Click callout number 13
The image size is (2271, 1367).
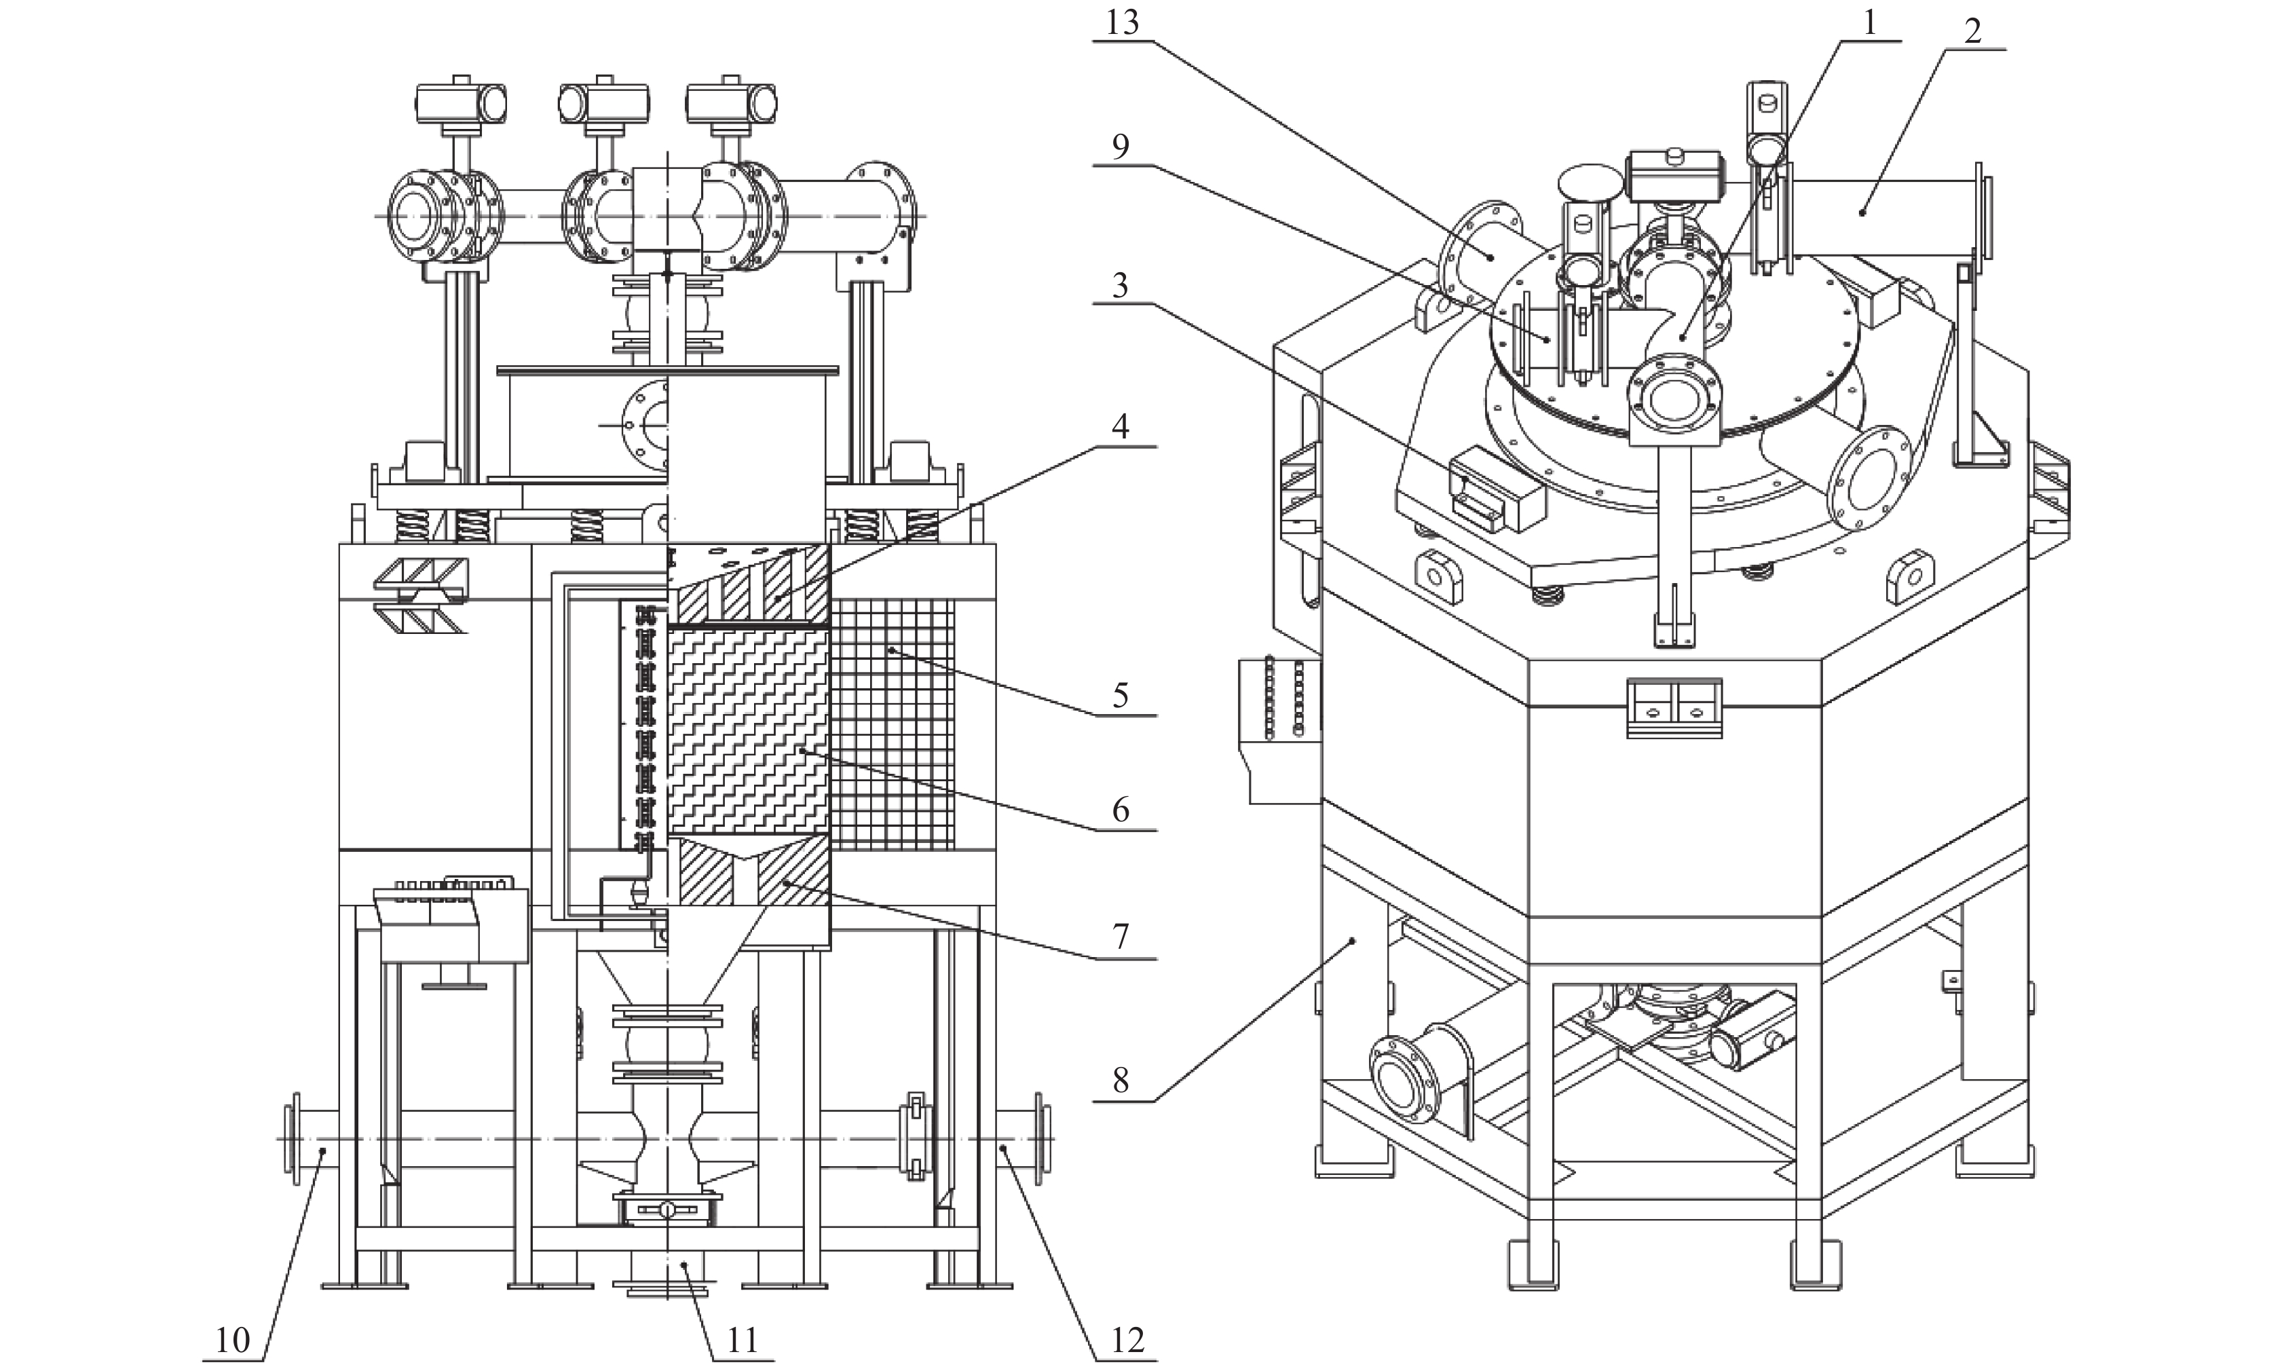(1122, 22)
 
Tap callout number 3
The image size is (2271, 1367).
(1120, 286)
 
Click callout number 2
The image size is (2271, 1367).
(1972, 33)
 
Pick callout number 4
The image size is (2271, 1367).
(1120, 426)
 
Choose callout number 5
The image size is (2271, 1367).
(1120, 696)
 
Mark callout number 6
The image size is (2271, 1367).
(1120, 810)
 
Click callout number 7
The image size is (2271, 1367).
(1120, 937)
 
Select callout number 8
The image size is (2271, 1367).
(1120, 1080)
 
